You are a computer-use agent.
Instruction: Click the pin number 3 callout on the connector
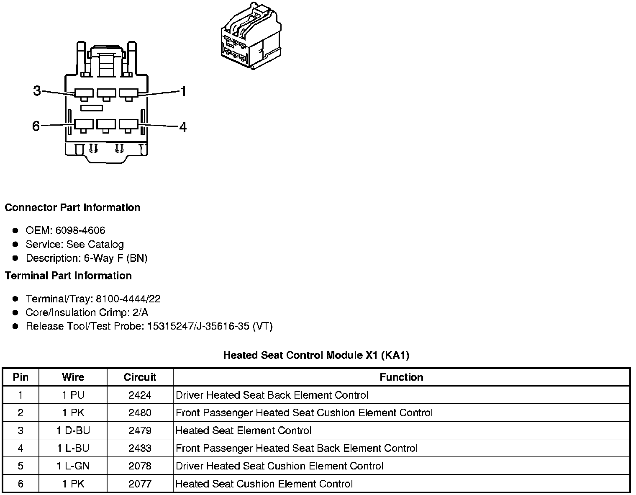click(x=37, y=90)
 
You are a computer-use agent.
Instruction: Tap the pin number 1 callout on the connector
click(x=183, y=91)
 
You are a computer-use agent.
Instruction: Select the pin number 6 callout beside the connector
click(x=36, y=126)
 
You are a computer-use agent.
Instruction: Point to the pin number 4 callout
click(x=183, y=127)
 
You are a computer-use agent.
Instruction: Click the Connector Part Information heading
click(x=72, y=208)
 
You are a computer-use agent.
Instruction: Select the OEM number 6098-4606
click(x=80, y=230)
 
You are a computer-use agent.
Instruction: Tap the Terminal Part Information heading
click(x=68, y=276)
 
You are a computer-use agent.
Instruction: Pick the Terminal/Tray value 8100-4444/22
click(x=128, y=299)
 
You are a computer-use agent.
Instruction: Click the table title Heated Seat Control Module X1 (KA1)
click(x=316, y=356)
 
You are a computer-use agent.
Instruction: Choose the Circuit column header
click(x=140, y=377)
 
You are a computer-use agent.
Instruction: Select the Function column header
click(x=401, y=377)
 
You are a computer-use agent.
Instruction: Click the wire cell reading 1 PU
click(x=73, y=395)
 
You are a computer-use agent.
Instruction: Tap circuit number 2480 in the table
click(x=140, y=413)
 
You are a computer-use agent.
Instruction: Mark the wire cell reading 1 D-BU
click(x=73, y=431)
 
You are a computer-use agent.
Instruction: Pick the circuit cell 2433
click(x=140, y=449)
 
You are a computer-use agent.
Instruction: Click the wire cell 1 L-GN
click(x=73, y=466)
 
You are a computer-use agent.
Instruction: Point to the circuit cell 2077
click(x=140, y=484)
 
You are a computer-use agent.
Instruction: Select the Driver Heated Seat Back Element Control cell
click(x=272, y=395)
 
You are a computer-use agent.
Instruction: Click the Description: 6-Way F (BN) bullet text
click(x=87, y=258)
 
